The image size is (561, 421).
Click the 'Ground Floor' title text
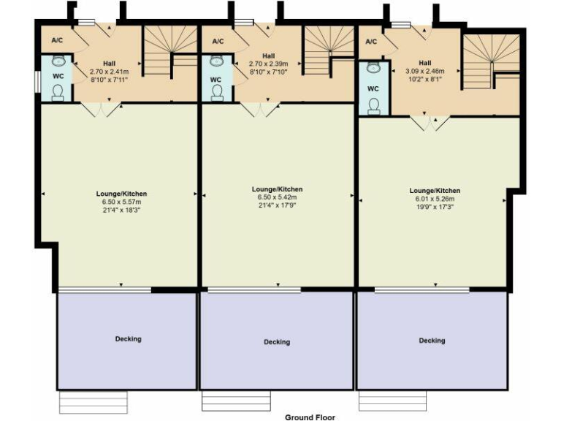coord(310,417)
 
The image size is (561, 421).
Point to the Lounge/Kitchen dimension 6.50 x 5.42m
coord(280,197)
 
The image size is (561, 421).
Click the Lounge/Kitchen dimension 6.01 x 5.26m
coord(435,199)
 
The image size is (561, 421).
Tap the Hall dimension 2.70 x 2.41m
coord(108,72)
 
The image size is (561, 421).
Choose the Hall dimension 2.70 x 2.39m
coord(268,64)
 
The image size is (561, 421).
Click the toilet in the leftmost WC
coord(59,91)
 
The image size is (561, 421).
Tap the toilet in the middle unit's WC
coord(217,91)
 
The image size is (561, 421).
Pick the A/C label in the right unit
coord(371,42)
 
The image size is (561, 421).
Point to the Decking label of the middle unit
coord(277,341)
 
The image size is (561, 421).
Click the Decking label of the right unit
coord(432,340)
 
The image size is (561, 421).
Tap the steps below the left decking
coord(93,401)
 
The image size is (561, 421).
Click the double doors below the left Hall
coord(100,110)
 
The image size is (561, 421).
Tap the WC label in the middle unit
coord(215,79)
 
